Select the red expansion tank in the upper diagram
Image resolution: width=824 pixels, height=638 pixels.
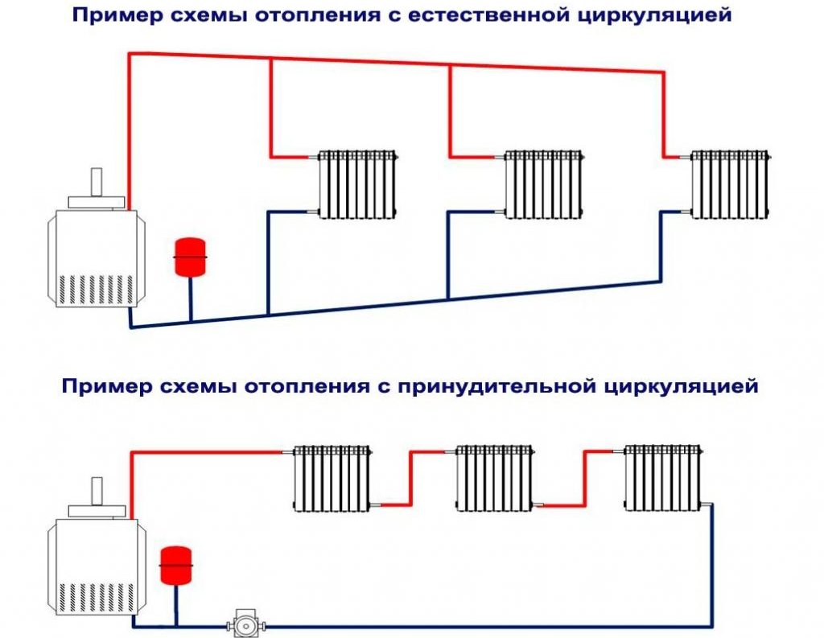coord(191,256)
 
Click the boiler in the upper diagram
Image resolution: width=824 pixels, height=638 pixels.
coord(93,257)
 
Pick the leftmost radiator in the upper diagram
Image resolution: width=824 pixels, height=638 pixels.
coord(358,183)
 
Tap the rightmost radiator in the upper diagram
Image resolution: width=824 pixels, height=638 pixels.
coord(730,183)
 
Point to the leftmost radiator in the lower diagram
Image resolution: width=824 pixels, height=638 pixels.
coord(332,479)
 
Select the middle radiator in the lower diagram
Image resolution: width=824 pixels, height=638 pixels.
coord(495,479)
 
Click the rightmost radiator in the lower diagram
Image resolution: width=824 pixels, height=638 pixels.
coord(665,479)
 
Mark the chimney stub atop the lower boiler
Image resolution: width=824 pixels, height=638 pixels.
coord(97,488)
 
